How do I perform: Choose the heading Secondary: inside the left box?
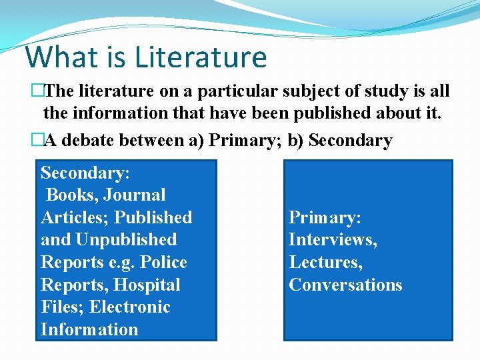tap(85, 173)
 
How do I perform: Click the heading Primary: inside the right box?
tap(324, 217)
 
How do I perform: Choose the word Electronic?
tap(133, 307)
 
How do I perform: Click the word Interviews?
tap(331, 240)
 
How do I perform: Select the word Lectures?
tap(325, 263)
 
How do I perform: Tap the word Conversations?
tap(345, 285)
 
